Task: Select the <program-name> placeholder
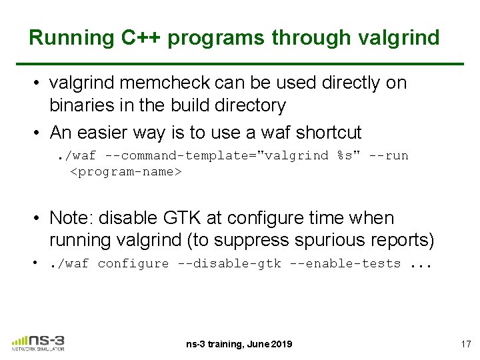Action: tap(126, 172)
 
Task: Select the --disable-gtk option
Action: tap(229, 264)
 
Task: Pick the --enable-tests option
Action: tap(345, 264)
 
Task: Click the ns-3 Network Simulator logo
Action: tap(38, 343)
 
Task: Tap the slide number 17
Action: tap(465, 344)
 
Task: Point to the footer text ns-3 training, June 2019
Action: tap(239, 344)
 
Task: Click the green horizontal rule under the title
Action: tap(246, 63)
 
